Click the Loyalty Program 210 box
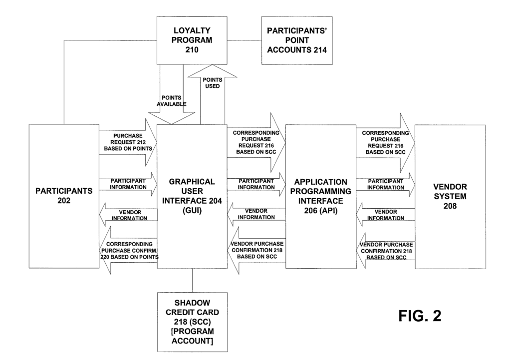coord(192,40)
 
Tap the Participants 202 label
coord(63,195)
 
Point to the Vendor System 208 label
coord(450,195)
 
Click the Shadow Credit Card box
coord(192,322)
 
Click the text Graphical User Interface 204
coord(192,195)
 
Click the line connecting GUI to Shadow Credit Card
coord(192,281)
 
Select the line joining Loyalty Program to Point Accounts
coord(245,40)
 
